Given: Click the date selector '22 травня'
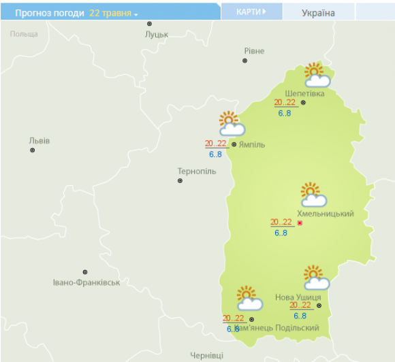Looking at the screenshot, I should point(113,13).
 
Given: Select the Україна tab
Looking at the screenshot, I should point(318,13).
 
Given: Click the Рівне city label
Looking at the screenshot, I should point(254,51).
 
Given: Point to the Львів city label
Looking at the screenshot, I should point(39,141).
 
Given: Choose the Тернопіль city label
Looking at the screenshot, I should point(196,171).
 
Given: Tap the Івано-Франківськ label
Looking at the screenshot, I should point(86,282).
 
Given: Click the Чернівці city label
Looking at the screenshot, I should point(207,355).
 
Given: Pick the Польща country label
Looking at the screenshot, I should point(24,33).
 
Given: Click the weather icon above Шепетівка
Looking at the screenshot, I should point(316,76).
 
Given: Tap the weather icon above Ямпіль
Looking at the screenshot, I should point(232,124).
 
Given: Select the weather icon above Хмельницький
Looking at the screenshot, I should point(313,195).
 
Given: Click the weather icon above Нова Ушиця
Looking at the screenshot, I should point(316,278).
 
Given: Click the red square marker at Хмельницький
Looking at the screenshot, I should point(300,223).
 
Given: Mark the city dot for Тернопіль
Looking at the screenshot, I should point(180,181).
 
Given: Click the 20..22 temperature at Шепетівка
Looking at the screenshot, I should point(284,103).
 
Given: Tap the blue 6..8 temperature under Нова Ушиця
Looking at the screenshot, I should point(300,316).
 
